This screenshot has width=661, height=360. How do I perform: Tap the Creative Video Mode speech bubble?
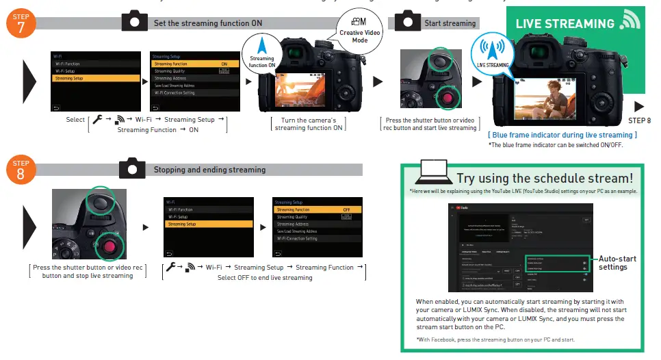click(x=360, y=31)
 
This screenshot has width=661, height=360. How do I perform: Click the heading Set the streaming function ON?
click(x=207, y=23)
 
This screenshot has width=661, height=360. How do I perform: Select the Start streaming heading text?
click(x=450, y=23)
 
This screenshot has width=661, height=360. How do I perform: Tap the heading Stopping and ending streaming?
click(x=209, y=169)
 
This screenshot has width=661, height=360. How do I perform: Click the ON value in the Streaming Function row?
click(x=223, y=64)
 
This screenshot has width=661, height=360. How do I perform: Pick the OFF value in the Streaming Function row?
click(x=346, y=209)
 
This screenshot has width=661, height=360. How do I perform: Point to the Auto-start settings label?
click(x=617, y=263)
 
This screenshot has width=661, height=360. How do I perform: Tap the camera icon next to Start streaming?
click(x=408, y=21)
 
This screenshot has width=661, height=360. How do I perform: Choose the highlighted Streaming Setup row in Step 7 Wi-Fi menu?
click(x=86, y=78)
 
